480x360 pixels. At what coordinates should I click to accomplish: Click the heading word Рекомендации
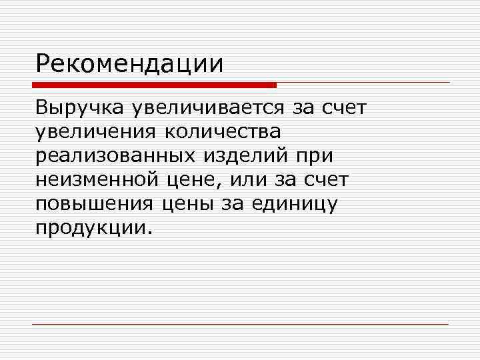(x=130, y=65)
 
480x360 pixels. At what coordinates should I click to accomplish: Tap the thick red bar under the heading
(x=155, y=85)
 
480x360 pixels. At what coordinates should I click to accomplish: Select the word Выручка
(x=79, y=109)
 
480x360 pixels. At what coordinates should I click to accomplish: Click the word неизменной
(x=97, y=179)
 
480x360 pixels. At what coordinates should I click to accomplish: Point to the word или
(x=245, y=179)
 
